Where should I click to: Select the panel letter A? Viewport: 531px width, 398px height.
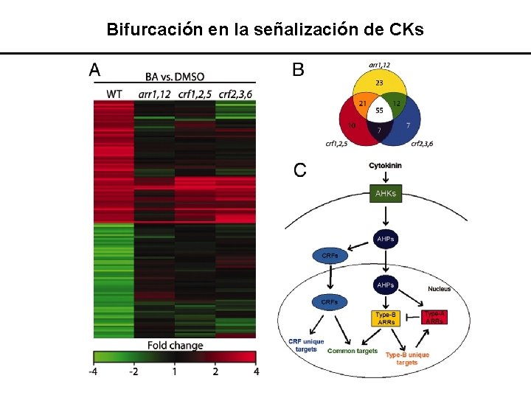95,70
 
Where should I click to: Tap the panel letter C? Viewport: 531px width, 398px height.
300,170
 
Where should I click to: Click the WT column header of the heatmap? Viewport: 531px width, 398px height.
114,94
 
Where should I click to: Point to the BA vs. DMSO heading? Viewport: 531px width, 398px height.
175,76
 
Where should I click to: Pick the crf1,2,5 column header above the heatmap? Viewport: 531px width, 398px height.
195,94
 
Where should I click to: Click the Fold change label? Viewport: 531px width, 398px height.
175,345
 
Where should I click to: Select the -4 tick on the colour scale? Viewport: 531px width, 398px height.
93,371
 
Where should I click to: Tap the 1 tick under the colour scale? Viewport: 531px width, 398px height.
175,371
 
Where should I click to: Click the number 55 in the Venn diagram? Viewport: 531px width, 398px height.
380,111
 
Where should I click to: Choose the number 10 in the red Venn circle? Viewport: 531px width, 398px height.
353,125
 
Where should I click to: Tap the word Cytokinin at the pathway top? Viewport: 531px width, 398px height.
386,166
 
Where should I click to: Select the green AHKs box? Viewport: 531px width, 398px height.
386,193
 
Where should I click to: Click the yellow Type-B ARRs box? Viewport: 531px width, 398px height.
385,318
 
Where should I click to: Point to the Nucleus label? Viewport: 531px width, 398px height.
439,288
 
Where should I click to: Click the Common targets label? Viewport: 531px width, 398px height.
352,351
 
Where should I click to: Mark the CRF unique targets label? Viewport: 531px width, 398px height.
308,345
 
